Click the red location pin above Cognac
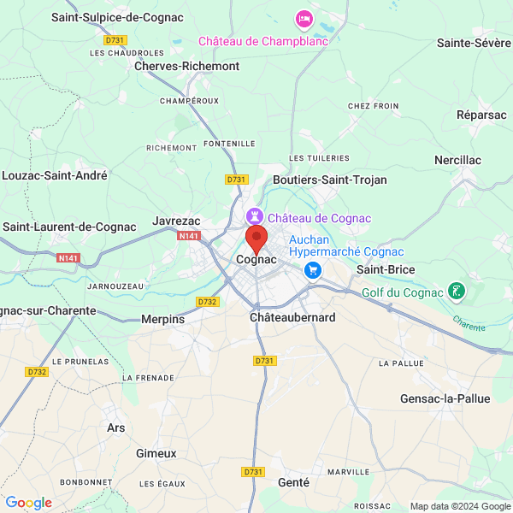[256, 239]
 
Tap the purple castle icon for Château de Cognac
[255, 217]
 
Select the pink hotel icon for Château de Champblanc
[304, 18]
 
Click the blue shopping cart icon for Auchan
[313, 270]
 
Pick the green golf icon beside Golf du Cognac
[458, 292]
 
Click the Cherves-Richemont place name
[186, 66]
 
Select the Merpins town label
[162, 319]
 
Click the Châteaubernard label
[292, 317]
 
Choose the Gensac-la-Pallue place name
[445, 399]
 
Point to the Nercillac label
[457, 160]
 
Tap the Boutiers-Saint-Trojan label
[329, 180]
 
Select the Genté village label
[293, 482]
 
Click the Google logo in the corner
[28, 503]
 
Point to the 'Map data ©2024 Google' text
[459, 506]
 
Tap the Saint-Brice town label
[386, 270]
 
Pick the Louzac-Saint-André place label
[55, 175]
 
